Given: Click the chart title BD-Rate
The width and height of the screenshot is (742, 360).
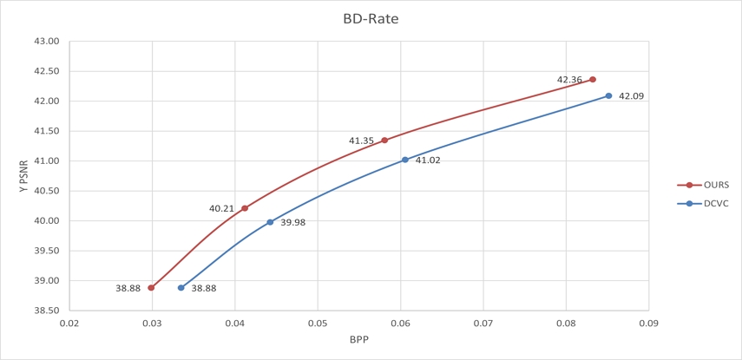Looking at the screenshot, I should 371,18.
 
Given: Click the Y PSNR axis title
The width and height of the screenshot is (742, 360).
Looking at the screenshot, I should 23,175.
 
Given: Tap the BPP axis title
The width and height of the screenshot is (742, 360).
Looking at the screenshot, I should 358,339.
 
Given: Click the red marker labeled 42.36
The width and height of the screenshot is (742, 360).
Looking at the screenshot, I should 593,80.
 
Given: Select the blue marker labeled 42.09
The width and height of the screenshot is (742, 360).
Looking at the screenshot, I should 608,96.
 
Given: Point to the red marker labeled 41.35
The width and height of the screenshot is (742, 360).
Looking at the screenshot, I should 384,141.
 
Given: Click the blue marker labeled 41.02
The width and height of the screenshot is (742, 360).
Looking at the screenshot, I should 405,160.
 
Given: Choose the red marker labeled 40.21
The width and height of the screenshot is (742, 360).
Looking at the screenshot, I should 245,208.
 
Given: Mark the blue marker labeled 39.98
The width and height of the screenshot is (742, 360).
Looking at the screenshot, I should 270,222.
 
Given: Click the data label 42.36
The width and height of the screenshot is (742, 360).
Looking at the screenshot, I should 569,80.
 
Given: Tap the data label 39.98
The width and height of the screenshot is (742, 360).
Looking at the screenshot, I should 292,223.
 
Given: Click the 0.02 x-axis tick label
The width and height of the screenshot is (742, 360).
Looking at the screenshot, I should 69,324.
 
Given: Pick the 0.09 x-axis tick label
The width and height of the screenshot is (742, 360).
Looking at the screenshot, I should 648,324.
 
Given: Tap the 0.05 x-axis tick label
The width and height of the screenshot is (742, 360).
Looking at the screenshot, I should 318,324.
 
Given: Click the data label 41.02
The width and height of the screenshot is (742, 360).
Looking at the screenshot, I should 428,160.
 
